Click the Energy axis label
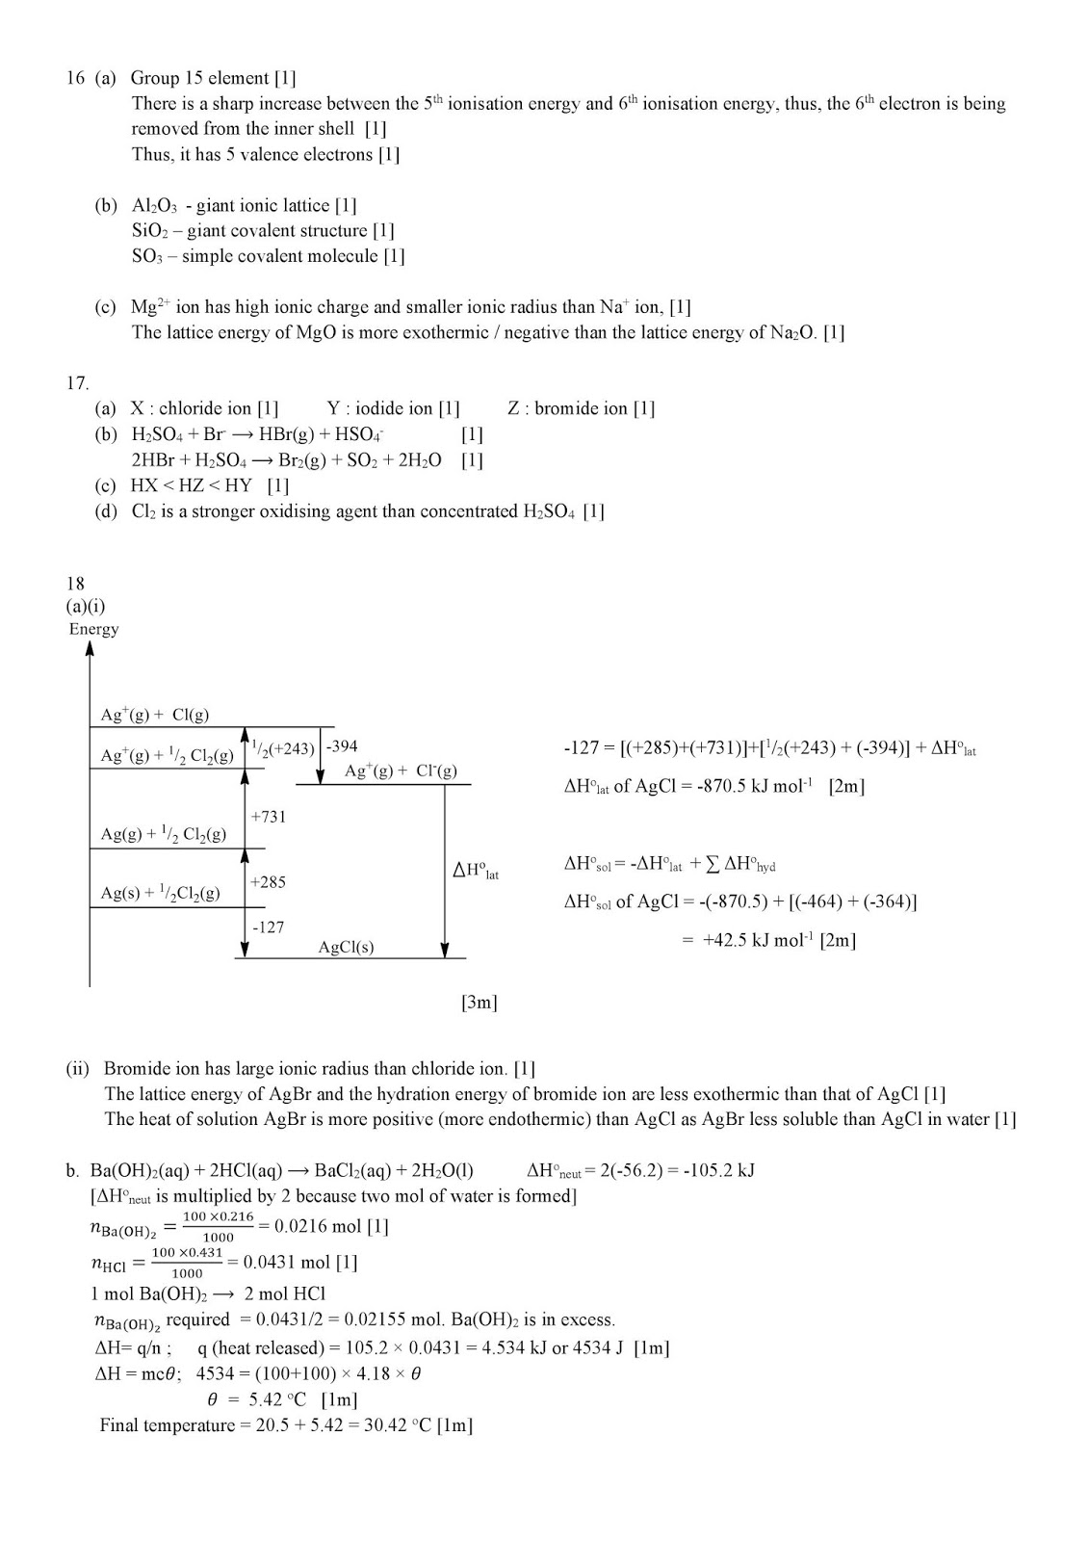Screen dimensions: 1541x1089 click(x=93, y=629)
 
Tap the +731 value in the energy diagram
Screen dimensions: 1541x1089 click(x=269, y=817)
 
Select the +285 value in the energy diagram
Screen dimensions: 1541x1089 click(x=268, y=882)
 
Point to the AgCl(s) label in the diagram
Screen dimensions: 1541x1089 click(x=346, y=947)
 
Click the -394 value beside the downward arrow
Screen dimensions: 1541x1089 click(x=342, y=747)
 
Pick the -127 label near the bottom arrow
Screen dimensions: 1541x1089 click(x=268, y=927)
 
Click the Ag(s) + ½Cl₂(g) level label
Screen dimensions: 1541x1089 click(x=160, y=893)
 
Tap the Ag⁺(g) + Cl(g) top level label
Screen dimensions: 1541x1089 click(x=154, y=715)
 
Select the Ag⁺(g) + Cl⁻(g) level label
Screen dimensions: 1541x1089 click(x=400, y=770)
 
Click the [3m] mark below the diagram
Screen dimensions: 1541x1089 click(x=479, y=1003)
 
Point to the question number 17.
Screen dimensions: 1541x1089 click(x=77, y=383)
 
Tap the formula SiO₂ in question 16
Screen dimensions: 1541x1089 click(x=152, y=231)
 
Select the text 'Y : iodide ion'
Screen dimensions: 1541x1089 click(x=380, y=408)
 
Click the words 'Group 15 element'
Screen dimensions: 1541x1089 click(x=200, y=78)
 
